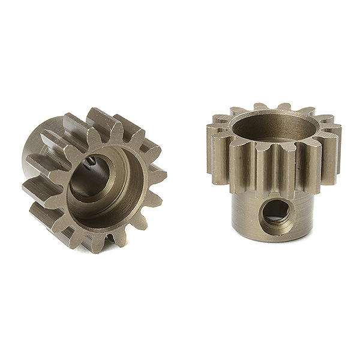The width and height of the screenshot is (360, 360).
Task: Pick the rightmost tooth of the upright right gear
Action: (335, 147)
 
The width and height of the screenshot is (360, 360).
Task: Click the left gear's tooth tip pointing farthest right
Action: (163, 174)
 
